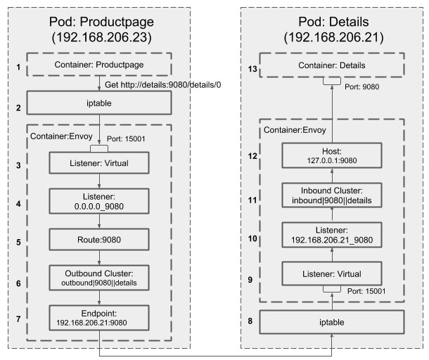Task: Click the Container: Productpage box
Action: click(x=99, y=65)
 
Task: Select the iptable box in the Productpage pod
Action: click(x=99, y=103)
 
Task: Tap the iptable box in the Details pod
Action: click(x=332, y=322)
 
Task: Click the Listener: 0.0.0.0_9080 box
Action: click(x=99, y=201)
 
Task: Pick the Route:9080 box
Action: click(x=99, y=240)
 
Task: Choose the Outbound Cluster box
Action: click(x=99, y=278)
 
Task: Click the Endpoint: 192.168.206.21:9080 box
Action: click(x=99, y=318)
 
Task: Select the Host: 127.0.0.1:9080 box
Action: click(x=332, y=155)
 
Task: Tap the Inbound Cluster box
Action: click(x=332, y=195)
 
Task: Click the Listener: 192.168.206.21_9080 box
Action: click(x=332, y=235)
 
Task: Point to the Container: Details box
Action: click(x=332, y=65)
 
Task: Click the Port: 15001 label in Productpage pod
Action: click(x=126, y=139)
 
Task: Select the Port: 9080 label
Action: click(x=361, y=86)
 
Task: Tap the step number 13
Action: click(x=252, y=69)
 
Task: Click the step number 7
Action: click(x=18, y=319)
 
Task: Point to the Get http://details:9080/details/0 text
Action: click(x=162, y=85)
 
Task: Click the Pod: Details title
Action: click(x=333, y=22)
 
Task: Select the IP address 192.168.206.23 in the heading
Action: click(x=101, y=37)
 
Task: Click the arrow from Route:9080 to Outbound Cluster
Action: click(x=99, y=257)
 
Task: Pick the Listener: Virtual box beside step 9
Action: click(x=332, y=274)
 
